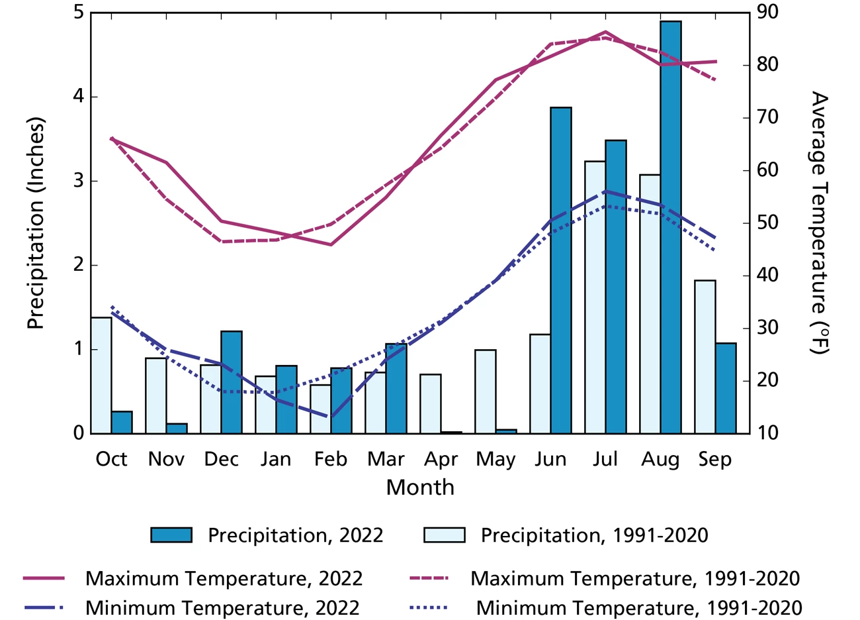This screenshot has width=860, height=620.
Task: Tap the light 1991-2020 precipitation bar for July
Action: click(x=595, y=297)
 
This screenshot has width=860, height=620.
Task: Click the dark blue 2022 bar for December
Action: click(x=231, y=382)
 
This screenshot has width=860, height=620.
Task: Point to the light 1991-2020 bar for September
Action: click(x=705, y=357)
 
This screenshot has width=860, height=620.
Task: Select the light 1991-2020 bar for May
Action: click(x=485, y=391)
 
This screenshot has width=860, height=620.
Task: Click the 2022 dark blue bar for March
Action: click(x=396, y=389)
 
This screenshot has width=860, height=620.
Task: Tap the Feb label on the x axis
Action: click(x=331, y=459)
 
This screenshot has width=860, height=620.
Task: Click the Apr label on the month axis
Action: click(x=441, y=459)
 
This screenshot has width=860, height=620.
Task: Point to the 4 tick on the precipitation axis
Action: click(x=79, y=97)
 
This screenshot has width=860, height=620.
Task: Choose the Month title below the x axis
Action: click(x=420, y=488)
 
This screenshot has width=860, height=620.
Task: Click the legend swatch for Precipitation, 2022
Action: click(x=171, y=535)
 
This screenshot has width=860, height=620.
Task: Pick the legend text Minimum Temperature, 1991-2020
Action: click(x=638, y=607)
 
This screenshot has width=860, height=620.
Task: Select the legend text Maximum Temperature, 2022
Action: click(x=224, y=578)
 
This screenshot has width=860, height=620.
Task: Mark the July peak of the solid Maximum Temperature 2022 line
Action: click(x=605, y=32)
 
